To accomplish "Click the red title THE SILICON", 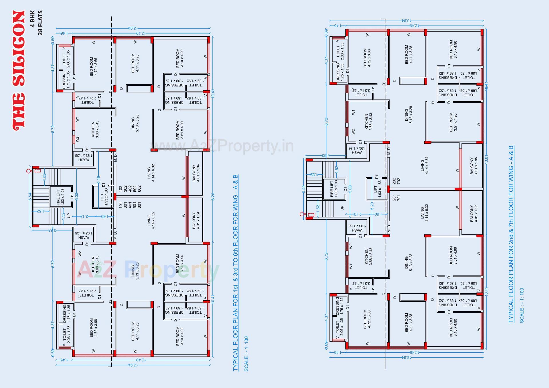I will click(x=19, y=71).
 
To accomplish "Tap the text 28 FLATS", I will click(x=40, y=23).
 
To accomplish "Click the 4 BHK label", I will click(x=32, y=19).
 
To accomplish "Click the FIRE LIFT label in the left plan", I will click(x=60, y=197).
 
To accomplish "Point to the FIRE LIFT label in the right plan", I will click(x=334, y=188).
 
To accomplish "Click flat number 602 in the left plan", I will click(x=139, y=189).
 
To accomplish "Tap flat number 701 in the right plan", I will click(x=399, y=197).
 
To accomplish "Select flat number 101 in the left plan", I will click(x=121, y=205).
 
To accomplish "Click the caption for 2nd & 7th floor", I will click(x=511, y=234).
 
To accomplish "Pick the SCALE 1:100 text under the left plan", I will click(x=246, y=354).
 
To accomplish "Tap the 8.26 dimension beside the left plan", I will click(x=213, y=196).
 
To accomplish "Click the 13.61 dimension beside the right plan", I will click(x=486, y=159).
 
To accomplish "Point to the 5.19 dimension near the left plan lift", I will click(x=99, y=180).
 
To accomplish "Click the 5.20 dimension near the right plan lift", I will click(x=372, y=206).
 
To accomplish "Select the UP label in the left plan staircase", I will click(x=69, y=215).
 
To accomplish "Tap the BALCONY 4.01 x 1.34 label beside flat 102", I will click(x=196, y=173).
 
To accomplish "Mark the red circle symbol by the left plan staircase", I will click(x=28, y=171).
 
